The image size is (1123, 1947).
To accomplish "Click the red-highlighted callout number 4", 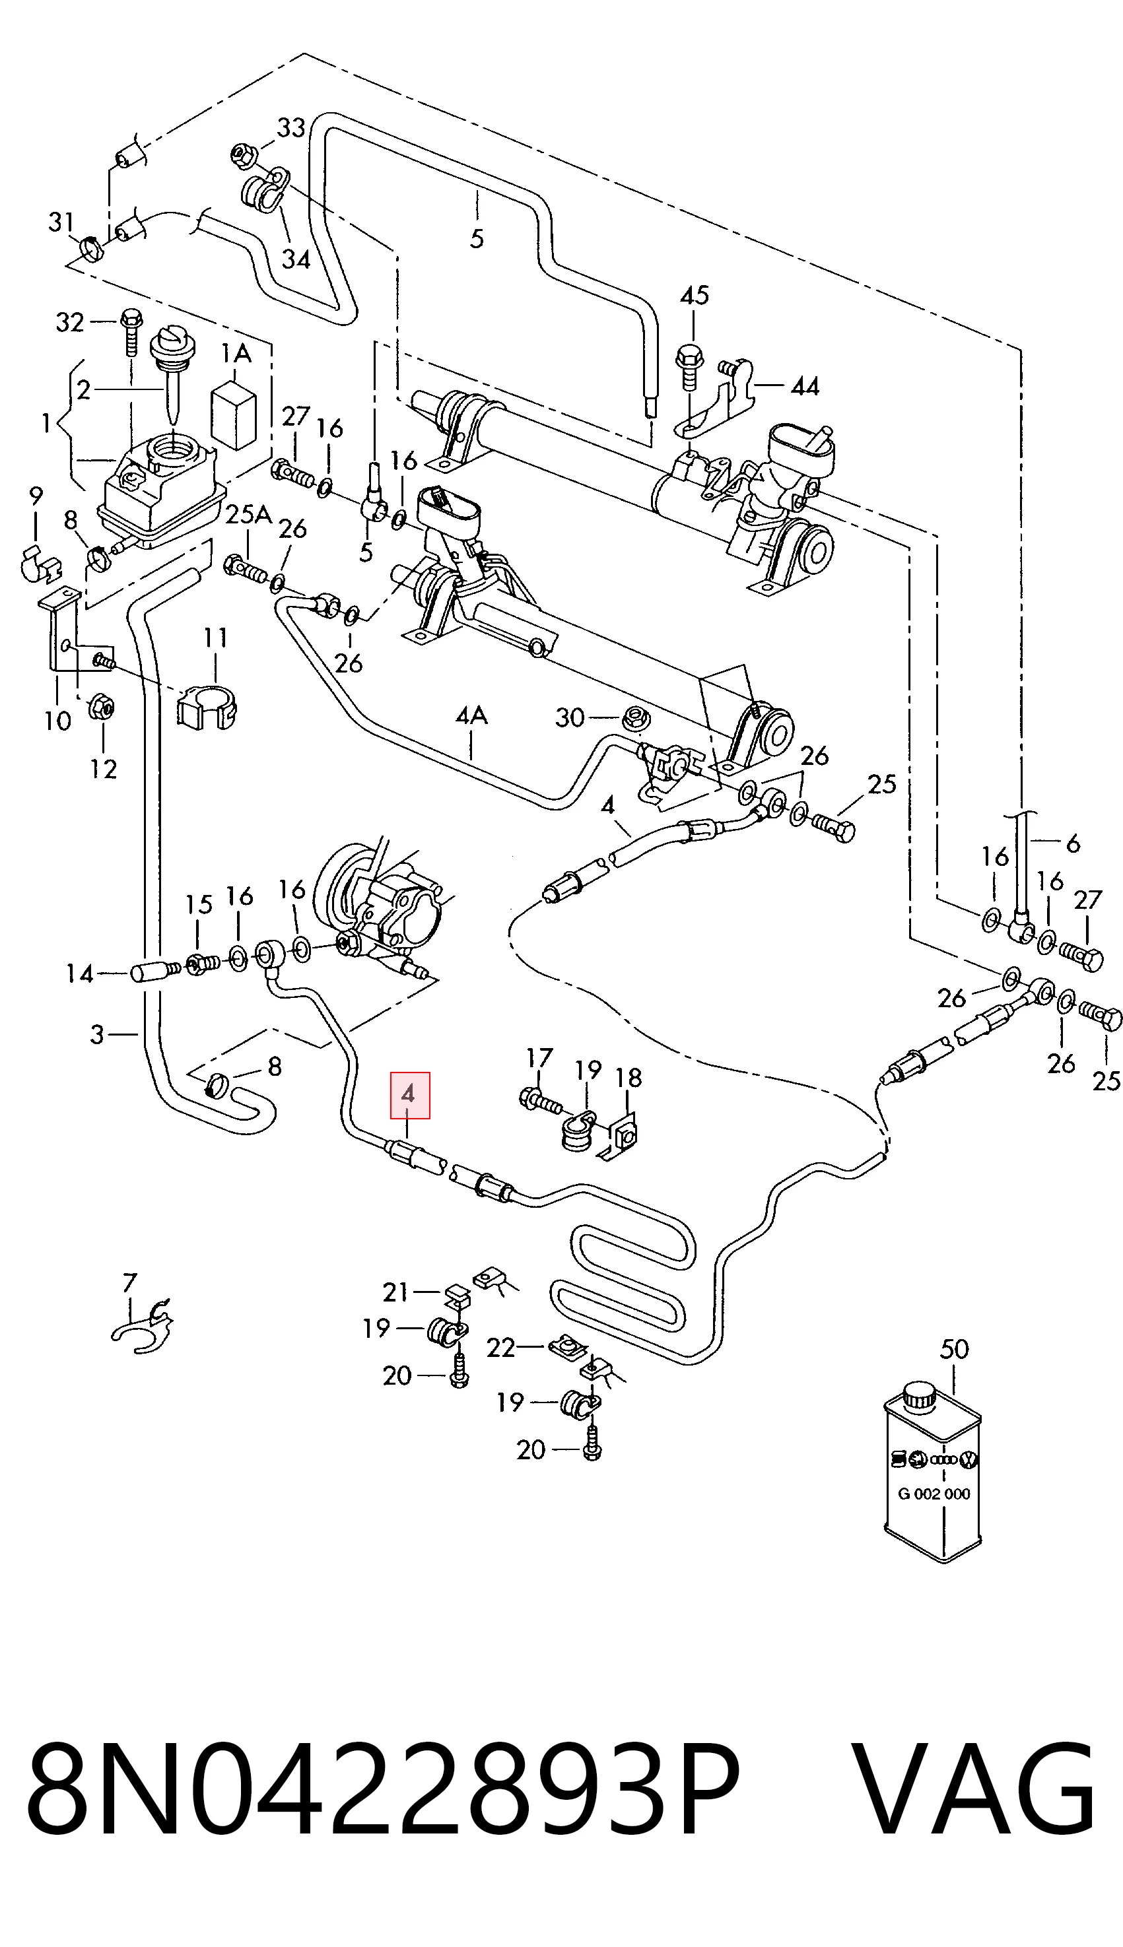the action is point(409,1095).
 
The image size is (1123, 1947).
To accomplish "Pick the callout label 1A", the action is point(236,353).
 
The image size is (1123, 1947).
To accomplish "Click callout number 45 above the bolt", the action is point(694,295).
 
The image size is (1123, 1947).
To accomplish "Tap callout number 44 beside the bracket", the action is point(805,385).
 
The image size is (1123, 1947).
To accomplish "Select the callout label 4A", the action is point(471,716).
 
